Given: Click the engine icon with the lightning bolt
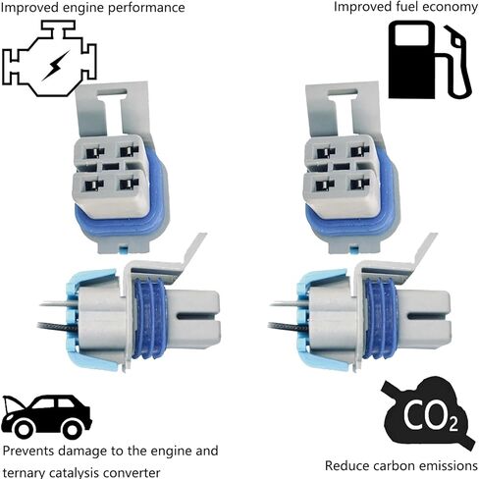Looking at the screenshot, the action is [x=49, y=59].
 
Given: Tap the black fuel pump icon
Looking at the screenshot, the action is [x=430, y=60].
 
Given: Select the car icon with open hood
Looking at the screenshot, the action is [x=46, y=417].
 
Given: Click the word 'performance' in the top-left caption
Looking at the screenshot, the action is [x=146, y=8].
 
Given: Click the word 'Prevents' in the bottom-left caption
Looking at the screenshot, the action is [x=28, y=451].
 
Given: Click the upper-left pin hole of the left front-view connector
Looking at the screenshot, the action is [x=94, y=152].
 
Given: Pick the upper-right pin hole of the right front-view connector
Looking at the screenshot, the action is [x=360, y=152].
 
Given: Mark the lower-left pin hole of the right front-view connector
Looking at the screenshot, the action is [x=325, y=186].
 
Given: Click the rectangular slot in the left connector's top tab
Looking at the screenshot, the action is [x=112, y=93].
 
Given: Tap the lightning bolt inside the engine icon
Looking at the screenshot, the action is [x=56, y=65].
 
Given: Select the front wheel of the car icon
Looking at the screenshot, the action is [x=24, y=429].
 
